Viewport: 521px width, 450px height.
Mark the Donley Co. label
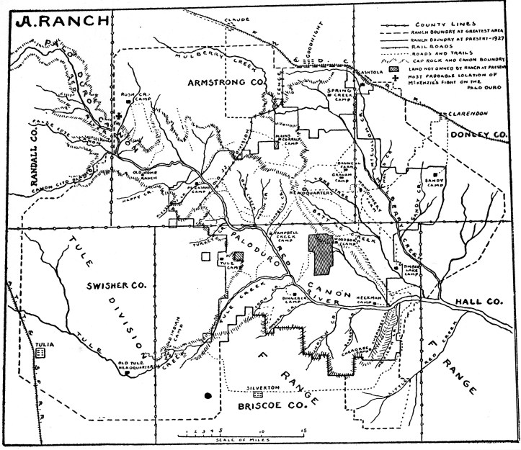478,134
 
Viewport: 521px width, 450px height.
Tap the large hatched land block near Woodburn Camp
323,251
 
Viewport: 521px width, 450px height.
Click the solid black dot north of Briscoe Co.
209,395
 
